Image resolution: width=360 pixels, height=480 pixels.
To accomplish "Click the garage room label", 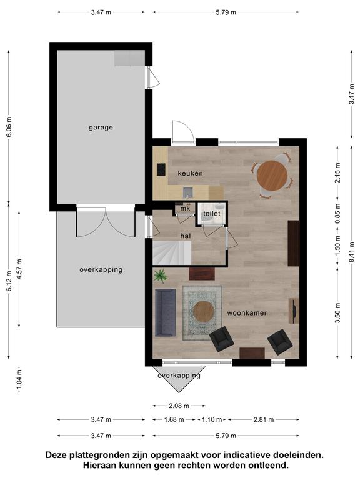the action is [101, 127].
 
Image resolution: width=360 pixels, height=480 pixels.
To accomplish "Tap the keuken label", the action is [190, 173].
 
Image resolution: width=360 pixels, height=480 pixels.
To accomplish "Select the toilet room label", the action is [211, 214].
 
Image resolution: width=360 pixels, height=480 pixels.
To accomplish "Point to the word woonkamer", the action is [247, 313].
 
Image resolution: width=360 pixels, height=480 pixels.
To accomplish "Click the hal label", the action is [186, 236].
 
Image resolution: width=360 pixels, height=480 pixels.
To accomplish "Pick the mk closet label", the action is [185, 209].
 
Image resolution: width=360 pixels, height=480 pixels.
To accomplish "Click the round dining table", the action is [272, 176].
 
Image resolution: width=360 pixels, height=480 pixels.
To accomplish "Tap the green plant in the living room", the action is [161, 276].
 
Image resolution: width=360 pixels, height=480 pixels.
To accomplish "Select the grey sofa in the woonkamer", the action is [165, 312].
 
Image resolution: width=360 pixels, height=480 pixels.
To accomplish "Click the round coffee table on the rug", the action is [204, 312].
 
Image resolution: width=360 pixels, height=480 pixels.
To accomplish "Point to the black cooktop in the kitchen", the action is [161, 169].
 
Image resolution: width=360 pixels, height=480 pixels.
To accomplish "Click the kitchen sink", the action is [188, 192].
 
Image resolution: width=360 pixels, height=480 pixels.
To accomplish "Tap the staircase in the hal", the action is [172, 252].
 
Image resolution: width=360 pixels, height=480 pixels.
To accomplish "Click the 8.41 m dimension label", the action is [352, 252].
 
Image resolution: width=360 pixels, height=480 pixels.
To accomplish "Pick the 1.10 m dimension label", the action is [211, 420].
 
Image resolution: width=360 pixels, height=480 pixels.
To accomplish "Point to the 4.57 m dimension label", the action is [19, 269].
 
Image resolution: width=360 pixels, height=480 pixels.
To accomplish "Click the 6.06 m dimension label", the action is [9, 127].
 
